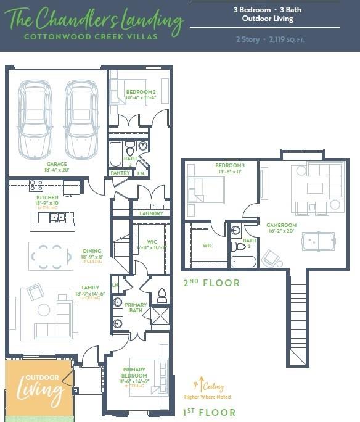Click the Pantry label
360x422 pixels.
[120, 173]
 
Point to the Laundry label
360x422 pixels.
[151, 213]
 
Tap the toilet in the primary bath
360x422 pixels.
[162, 296]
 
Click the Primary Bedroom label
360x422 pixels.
[134, 373]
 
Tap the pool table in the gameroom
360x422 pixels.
[318, 241]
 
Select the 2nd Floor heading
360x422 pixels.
[210, 283]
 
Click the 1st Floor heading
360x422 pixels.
[209, 412]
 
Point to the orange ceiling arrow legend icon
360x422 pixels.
[198, 384]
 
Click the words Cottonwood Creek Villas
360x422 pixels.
[91, 36]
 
